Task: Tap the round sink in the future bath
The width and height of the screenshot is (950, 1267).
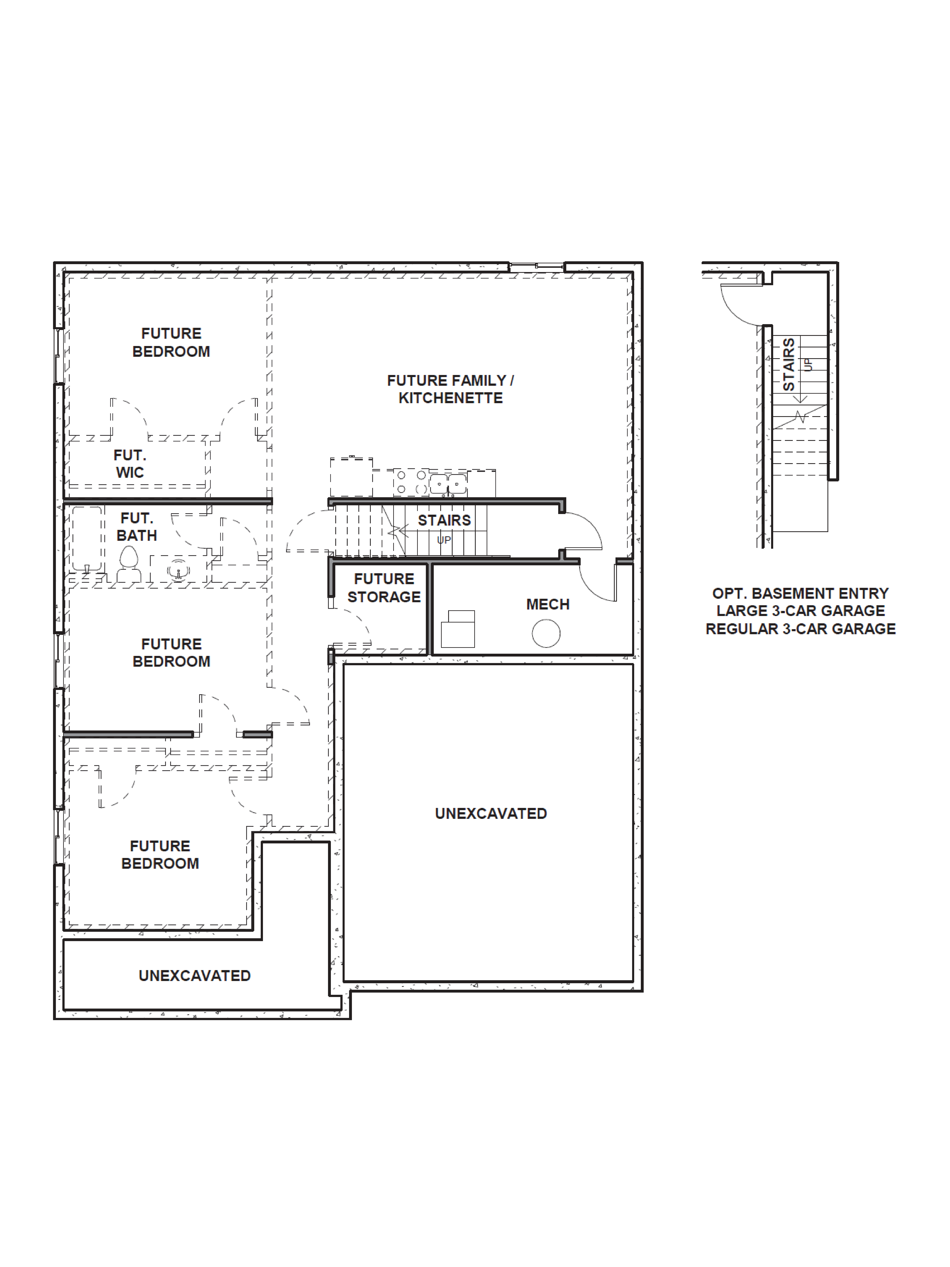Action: [x=178, y=571]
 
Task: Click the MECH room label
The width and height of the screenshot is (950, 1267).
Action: [x=547, y=604]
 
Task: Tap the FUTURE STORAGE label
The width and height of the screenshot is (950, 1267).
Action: [x=384, y=588]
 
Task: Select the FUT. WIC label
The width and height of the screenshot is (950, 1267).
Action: [x=130, y=464]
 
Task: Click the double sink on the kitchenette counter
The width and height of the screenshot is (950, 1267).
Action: [x=448, y=483]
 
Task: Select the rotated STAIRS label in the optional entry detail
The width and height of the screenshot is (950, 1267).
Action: [x=789, y=364]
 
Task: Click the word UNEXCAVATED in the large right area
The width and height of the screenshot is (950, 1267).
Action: [x=491, y=813]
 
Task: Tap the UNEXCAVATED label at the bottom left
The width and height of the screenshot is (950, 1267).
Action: [x=195, y=975]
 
